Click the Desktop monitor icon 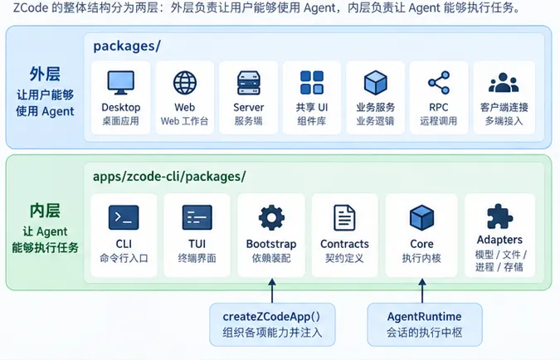click(121, 82)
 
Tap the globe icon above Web click(185, 82)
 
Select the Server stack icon click(249, 83)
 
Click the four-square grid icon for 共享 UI click(312, 82)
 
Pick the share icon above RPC click(439, 82)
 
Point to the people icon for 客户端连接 click(504, 82)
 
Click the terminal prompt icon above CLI click(124, 217)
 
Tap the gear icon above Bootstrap click(271, 217)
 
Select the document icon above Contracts click(344, 217)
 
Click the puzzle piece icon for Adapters click(499, 216)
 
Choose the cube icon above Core click(421, 217)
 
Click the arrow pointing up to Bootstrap click(272, 291)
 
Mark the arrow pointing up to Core click(422, 291)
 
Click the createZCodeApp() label click(271, 316)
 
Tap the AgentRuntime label click(424, 316)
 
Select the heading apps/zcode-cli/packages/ click(169, 177)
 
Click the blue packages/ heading click(127, 46)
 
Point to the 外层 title click(45, 74)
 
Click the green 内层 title click(45, 211)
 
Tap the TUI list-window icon click(197, 217)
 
